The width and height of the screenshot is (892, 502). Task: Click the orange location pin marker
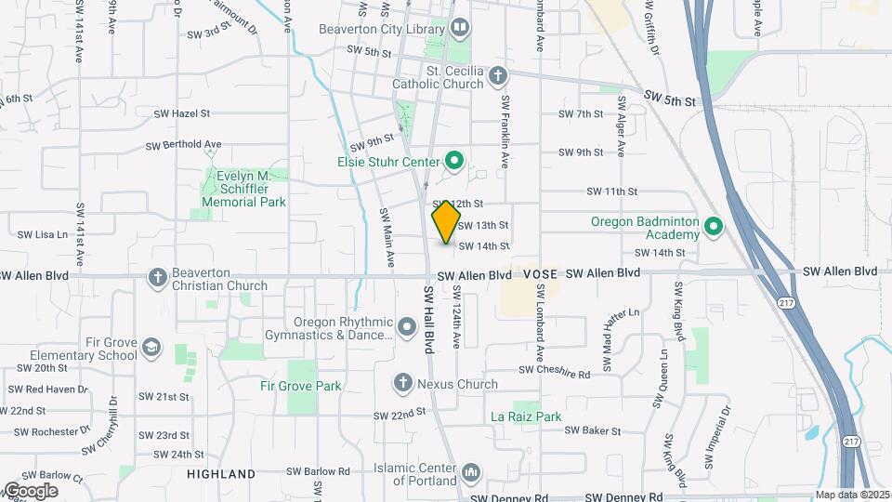[446, 223]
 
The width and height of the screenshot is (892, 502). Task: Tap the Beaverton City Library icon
[459, 29]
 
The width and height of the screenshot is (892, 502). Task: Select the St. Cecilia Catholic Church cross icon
[498, 75]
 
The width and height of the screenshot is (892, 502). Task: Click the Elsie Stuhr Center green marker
[454, 163]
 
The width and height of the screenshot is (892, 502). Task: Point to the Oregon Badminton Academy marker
[713, 227]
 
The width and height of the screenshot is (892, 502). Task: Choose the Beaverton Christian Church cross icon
[158, 276]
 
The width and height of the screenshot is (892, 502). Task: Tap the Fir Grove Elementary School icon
[151, 349]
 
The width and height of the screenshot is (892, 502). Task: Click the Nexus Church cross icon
[402, 382]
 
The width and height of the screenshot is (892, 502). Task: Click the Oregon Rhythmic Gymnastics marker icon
[406, 327]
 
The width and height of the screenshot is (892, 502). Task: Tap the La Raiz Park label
[526, 417]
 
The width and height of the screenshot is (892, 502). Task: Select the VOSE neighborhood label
[540, 274]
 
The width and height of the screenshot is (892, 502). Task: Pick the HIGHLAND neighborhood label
[221, 474]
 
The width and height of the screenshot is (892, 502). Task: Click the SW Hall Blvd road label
[429, 319]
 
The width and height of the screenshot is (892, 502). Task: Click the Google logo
[30, 491]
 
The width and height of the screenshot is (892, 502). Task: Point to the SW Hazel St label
[183, 113]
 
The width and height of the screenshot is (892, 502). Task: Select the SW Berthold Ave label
[184, 145]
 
